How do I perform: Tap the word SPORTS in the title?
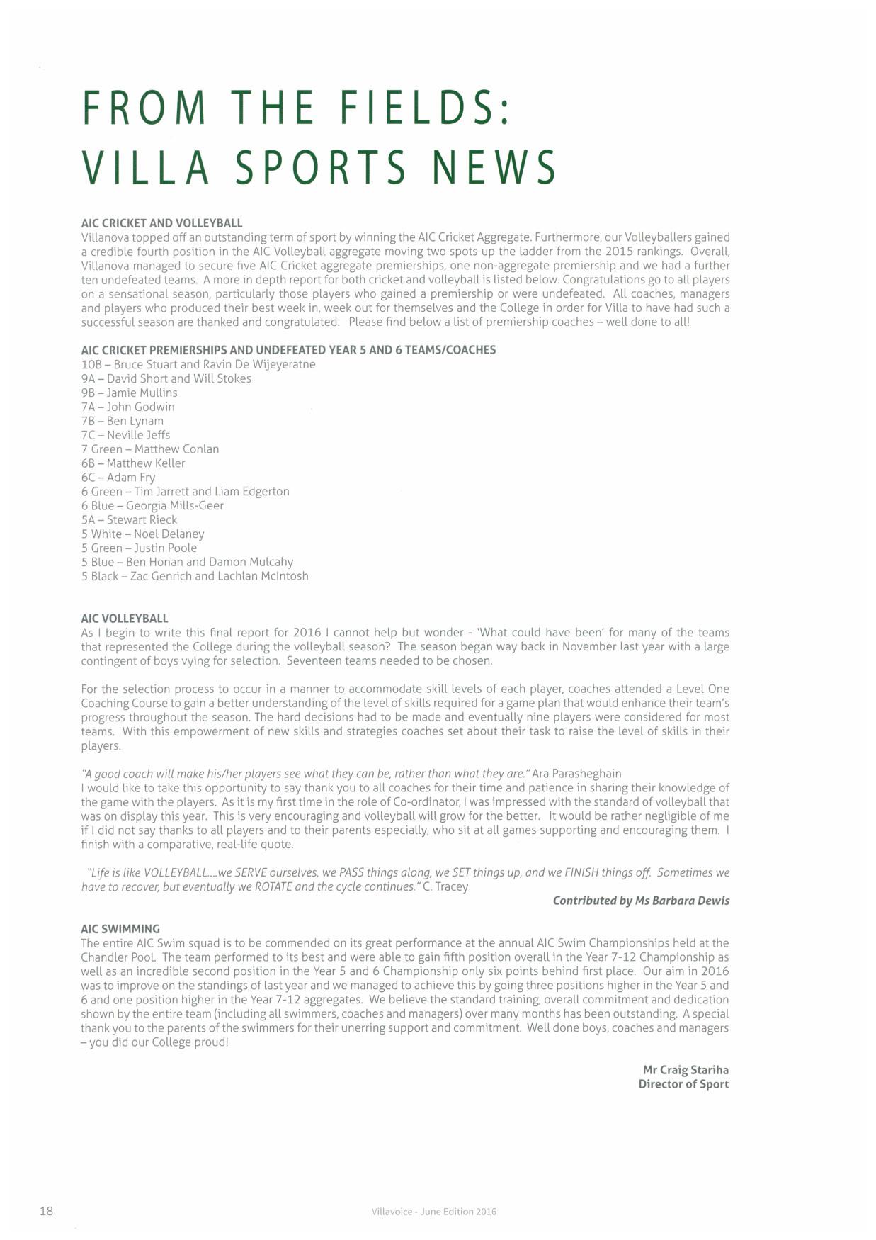320,167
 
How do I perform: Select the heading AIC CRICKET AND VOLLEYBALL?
161,223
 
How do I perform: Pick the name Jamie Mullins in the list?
142,393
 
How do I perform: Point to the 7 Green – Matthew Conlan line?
150,449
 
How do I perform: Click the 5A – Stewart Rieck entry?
129,520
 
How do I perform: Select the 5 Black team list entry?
195,577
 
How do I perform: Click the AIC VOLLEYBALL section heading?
125,619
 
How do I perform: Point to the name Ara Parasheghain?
576,774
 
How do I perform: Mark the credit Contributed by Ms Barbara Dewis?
641,901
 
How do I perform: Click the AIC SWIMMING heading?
120,929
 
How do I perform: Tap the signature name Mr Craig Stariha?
686,1070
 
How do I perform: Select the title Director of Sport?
683,1084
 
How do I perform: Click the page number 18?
46,1211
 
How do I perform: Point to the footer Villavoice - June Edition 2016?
433,1212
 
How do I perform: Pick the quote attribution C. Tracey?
445,886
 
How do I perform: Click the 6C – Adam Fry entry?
118,478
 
